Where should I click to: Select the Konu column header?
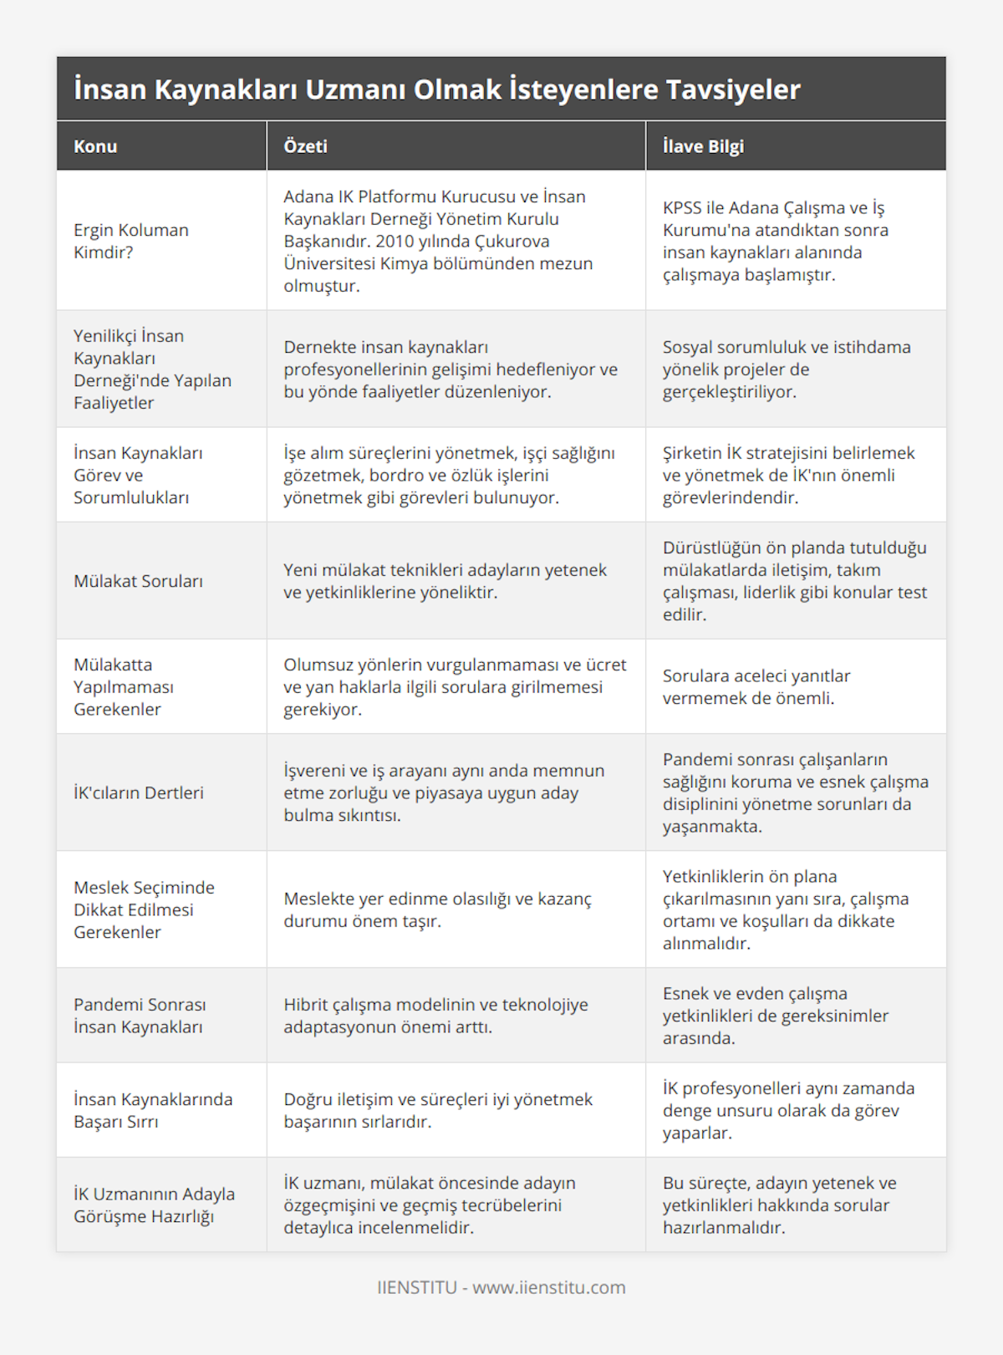pyautogui.click(x=95, y=146)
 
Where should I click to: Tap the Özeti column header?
pyautogui.click(x=305, y=146)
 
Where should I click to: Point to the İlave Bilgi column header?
pyautogui.click(x=703, y=146)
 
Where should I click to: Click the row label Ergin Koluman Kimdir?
pyautogui.click(x=131, y=241)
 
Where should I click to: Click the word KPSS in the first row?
pyautogui.click(x=682, y=207)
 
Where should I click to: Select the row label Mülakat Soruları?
pyautogui.click(x=138, y=581)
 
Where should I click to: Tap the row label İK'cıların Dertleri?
pyautogui.click(x=138, y=792)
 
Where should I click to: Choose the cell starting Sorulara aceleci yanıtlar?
pyautogui.click(x=756, y=686)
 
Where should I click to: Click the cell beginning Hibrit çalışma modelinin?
pyautogui.click(x=435, y=1016)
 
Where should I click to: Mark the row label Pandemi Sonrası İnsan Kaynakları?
pyautogui.click(x=140, y=1016)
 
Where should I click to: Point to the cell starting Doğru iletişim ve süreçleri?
pyautogui.click(x=438, y=1110)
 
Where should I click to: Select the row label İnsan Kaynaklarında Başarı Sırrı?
pyautogui.click(x=153, y=1110)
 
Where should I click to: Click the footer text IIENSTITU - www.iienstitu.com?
pyautogui.click(x=501, y=1287)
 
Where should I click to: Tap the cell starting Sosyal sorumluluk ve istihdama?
pyautogui.click(x=787, y=369)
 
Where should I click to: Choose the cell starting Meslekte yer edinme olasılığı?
pyautogui.click(x=437, y=909)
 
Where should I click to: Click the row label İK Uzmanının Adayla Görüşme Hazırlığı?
pyautogui.click(x=154, y=1205)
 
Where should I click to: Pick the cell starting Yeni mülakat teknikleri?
pyautogui.click(x=445, y=581)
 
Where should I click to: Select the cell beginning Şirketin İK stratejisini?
pyautogui.click(x=788, y=475)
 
